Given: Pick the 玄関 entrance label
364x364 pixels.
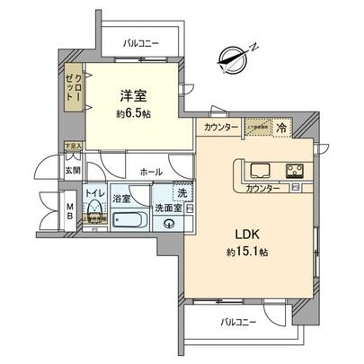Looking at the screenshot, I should tap(73, 170).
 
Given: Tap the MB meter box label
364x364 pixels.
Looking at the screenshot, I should tap(70, 209).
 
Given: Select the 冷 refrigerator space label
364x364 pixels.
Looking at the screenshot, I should tap(281, 128).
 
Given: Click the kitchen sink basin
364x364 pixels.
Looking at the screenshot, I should tap(261, 170).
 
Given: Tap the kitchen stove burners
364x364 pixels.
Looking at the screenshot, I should tap(295, 170).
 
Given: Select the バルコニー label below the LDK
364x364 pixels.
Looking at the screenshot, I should tap(238, 322).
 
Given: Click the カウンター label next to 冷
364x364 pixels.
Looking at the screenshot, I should tap(221, 128).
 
